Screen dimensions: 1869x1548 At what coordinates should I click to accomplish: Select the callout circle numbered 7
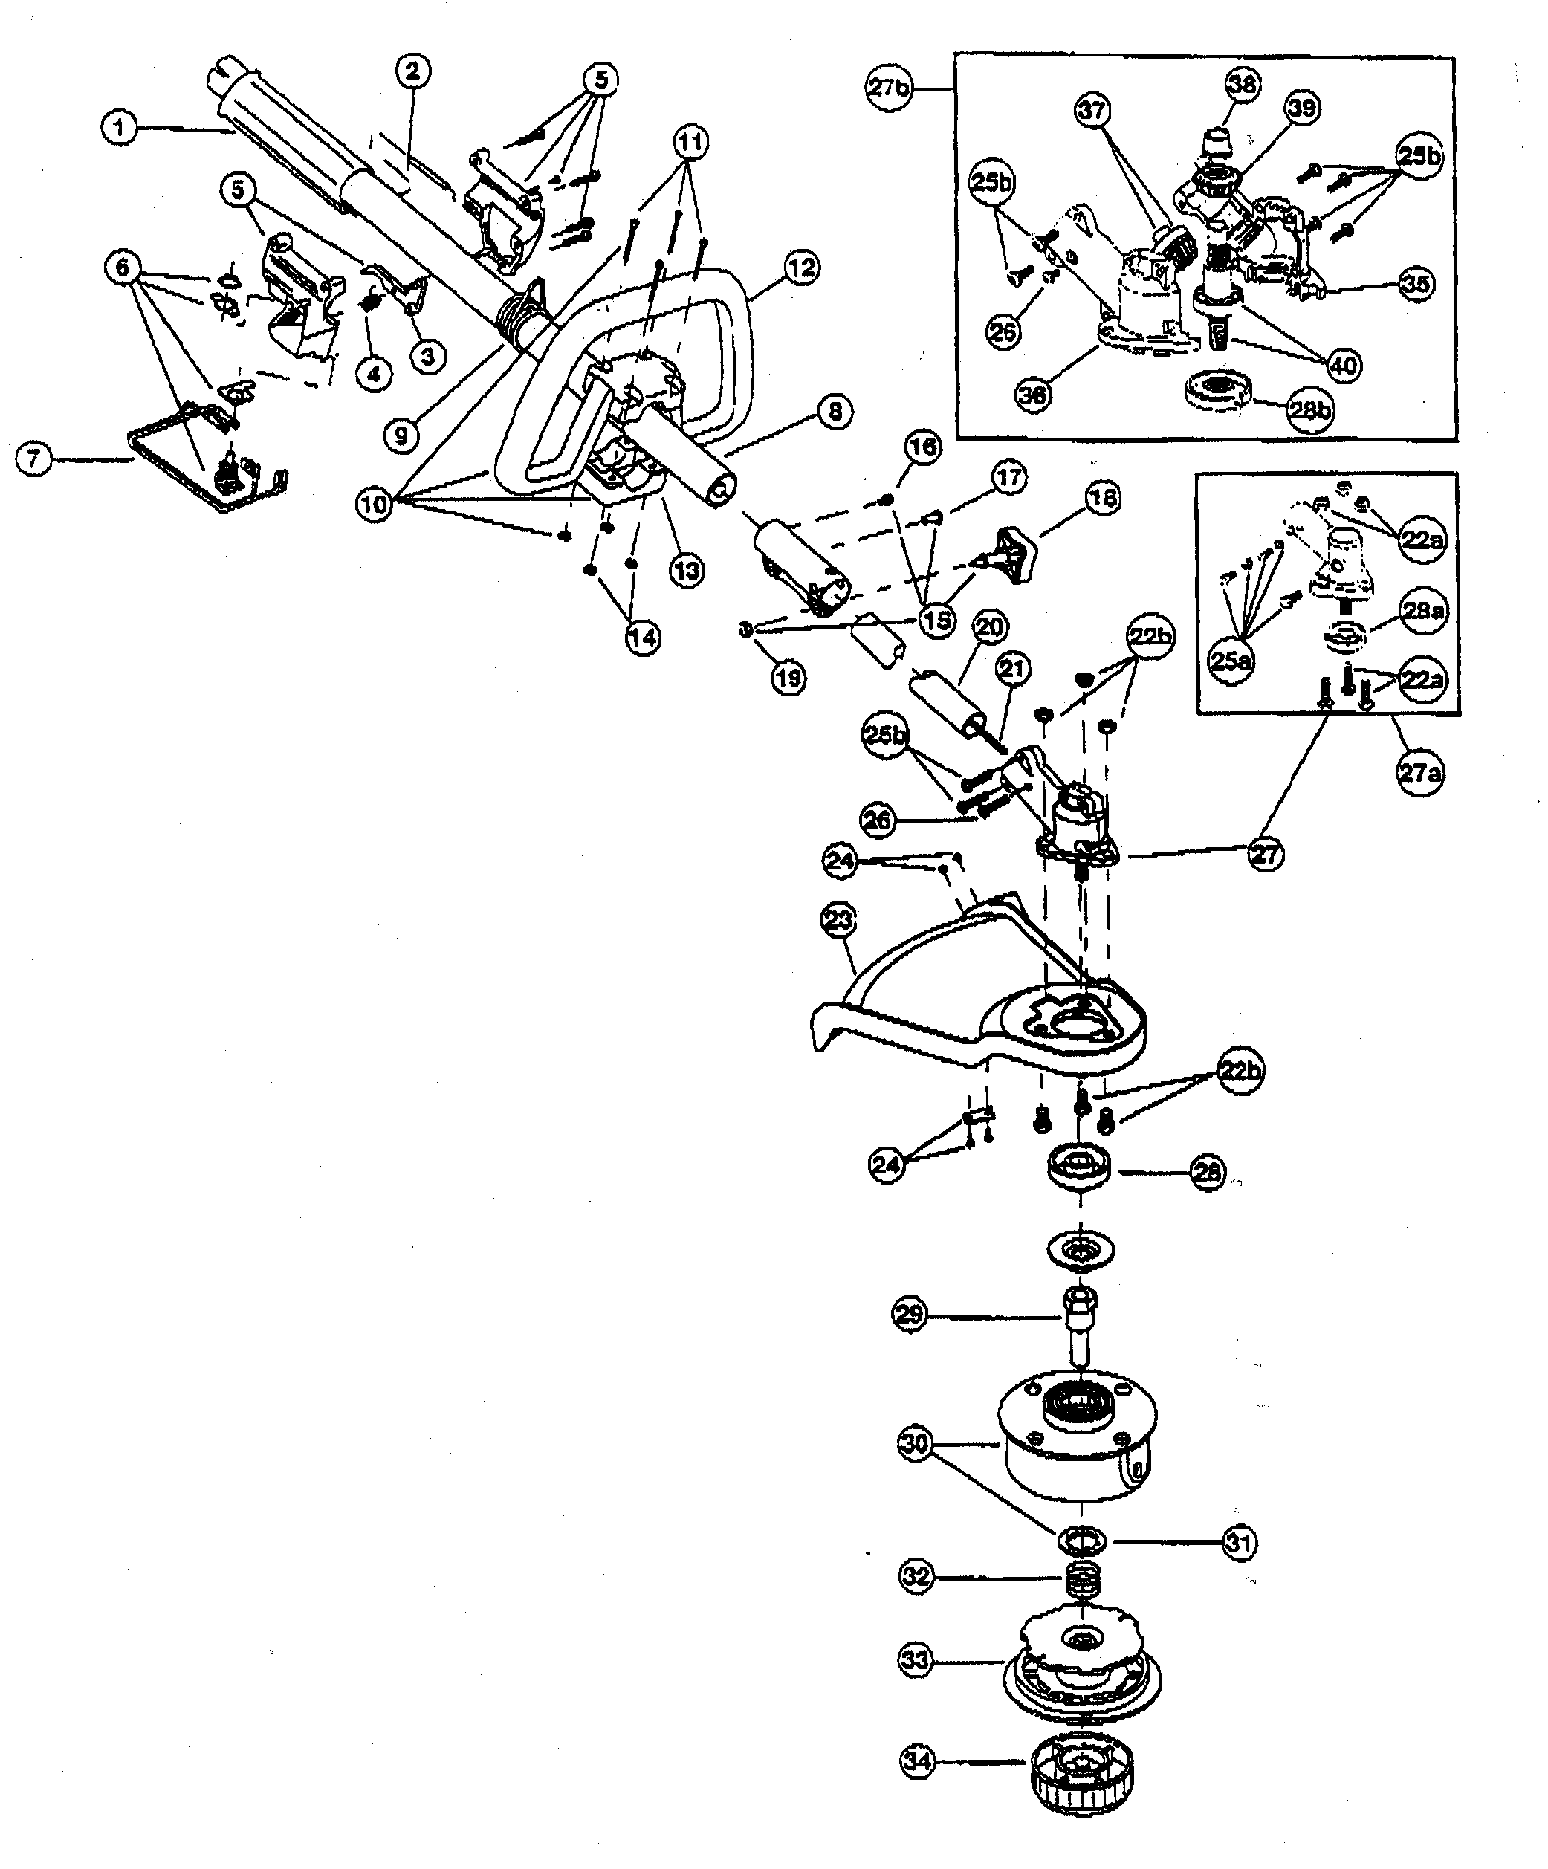pos(35,459)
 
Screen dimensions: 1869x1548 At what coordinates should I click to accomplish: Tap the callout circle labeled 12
pos(801,267)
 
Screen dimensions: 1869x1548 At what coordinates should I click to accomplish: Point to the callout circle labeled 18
pos(1103,499)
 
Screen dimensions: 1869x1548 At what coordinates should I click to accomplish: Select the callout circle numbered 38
pos(1242,85)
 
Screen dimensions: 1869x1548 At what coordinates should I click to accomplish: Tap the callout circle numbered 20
pos(989,627)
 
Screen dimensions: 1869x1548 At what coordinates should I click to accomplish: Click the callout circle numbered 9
pos(401,434)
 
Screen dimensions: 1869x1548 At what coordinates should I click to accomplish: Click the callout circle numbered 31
pos(1238,1542)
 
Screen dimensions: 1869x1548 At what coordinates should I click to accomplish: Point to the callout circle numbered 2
pos(412,71)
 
